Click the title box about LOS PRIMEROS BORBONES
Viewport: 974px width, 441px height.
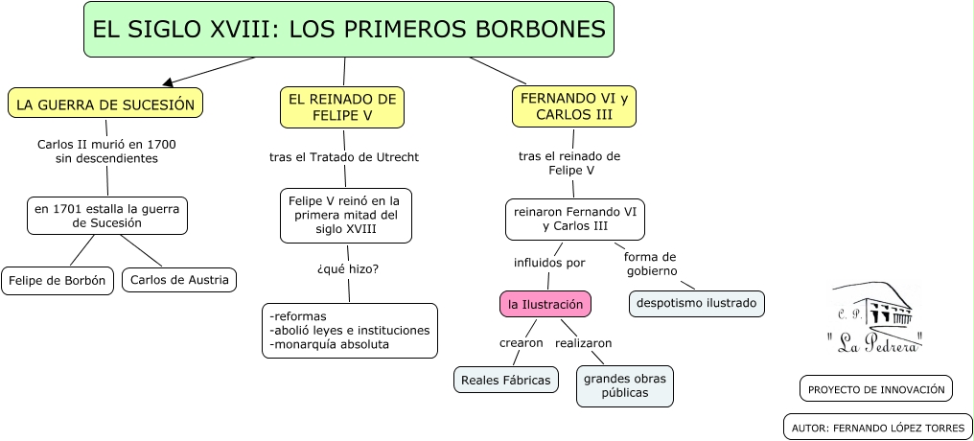(349, 30)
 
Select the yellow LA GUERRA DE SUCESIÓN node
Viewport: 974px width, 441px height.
(105, 104)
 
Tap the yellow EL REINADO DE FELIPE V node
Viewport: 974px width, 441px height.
(342, 107)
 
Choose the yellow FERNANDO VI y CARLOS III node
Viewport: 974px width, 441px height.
(574, 106)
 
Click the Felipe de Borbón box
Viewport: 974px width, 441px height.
(58, 280)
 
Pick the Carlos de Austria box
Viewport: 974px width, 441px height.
(179, 280)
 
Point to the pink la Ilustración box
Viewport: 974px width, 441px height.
(545, 304)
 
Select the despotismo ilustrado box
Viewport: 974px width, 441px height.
(697, 304)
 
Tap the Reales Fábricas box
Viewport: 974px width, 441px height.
(506, 380)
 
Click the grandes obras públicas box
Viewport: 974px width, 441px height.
(625, 385)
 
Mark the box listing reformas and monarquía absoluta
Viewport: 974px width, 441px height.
(350, 331)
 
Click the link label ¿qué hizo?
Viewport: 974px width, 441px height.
(347, 268)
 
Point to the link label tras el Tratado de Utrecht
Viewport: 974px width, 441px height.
(344, 156)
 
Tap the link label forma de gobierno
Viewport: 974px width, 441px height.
(651, 264)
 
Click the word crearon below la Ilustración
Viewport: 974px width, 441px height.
(522, 342)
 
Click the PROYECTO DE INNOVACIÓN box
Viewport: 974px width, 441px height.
(875, 389)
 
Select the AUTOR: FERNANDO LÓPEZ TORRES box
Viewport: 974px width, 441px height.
(878, 428)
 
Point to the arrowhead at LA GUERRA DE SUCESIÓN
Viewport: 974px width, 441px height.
(168, 83)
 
